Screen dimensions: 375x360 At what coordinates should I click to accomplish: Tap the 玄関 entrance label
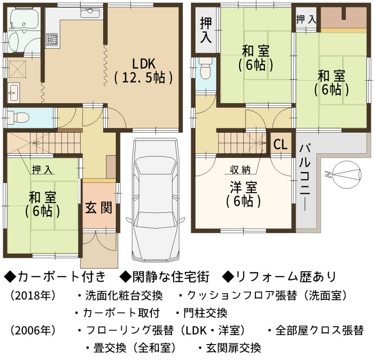tap(98, 207)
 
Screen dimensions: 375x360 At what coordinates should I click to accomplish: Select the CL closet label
tap(280, 144)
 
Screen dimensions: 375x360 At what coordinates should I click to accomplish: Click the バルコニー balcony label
tap(305, 178)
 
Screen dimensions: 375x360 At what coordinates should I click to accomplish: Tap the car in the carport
tap(156, 200)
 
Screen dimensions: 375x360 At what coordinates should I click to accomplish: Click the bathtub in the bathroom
tap(23, 19)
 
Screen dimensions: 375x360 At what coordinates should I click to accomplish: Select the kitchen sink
tap(90, 13)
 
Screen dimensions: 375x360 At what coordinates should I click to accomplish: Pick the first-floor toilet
tap(18, 118)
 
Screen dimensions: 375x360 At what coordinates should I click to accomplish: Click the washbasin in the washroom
tap(14, 92)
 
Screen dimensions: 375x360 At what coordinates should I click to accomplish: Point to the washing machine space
tap(17, 69)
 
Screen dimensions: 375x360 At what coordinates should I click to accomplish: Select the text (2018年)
tap(33, 296)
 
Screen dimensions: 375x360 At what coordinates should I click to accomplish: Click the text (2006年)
tap(33, 330)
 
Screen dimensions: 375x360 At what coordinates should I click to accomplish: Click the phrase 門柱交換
tap(205, 313)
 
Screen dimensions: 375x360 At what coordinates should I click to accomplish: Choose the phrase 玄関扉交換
tap(233, 348)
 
